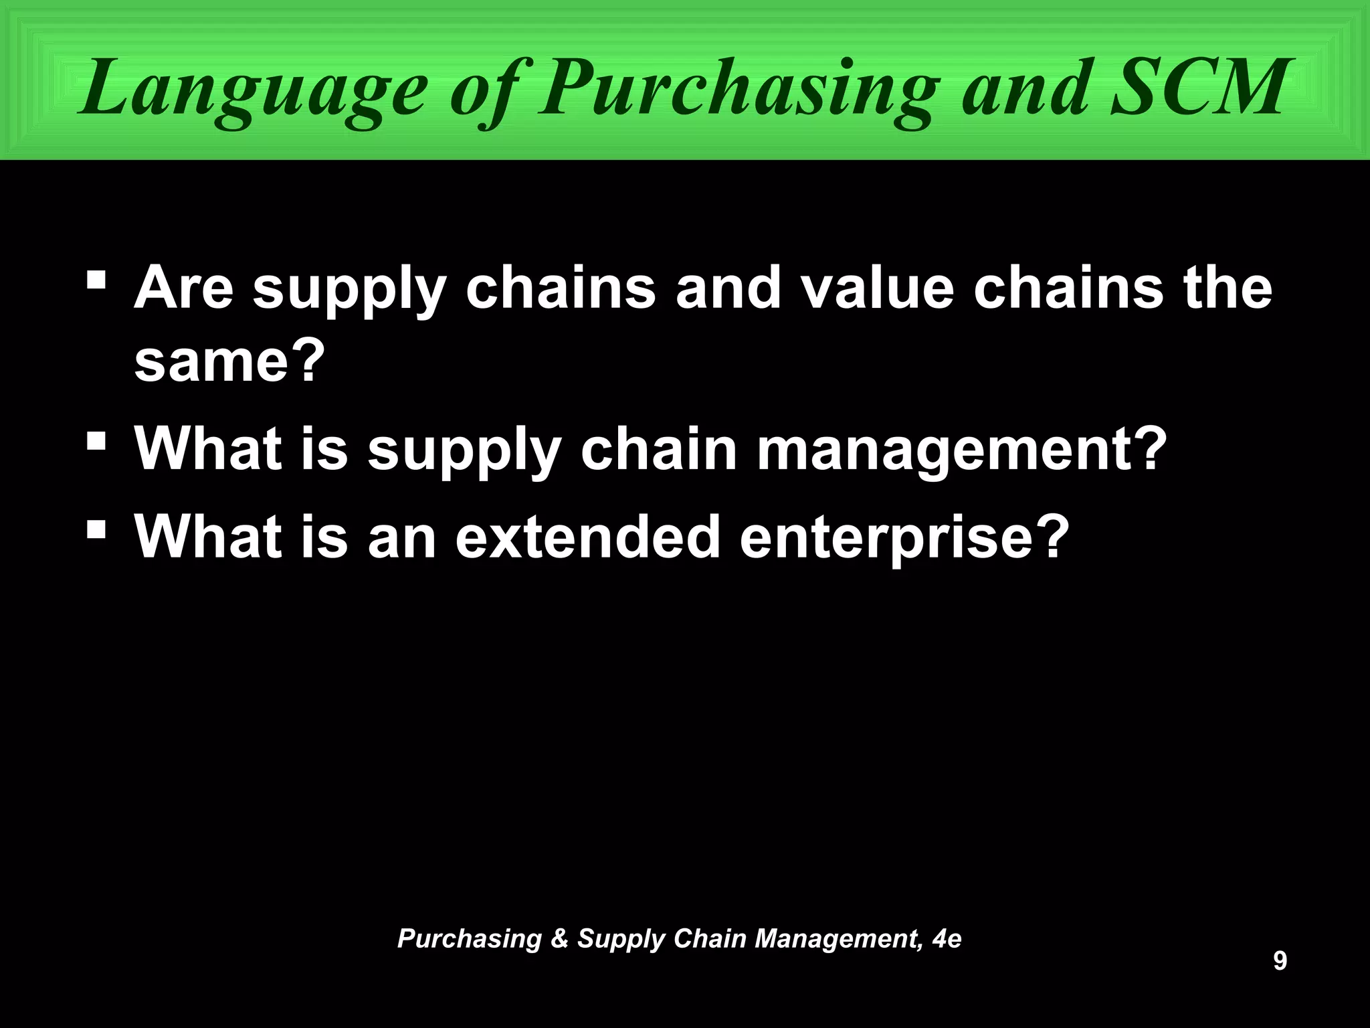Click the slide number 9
click(x=1279, y=961)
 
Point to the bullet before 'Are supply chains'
click(x=96, y=276)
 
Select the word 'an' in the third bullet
click(x=401, y=538)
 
